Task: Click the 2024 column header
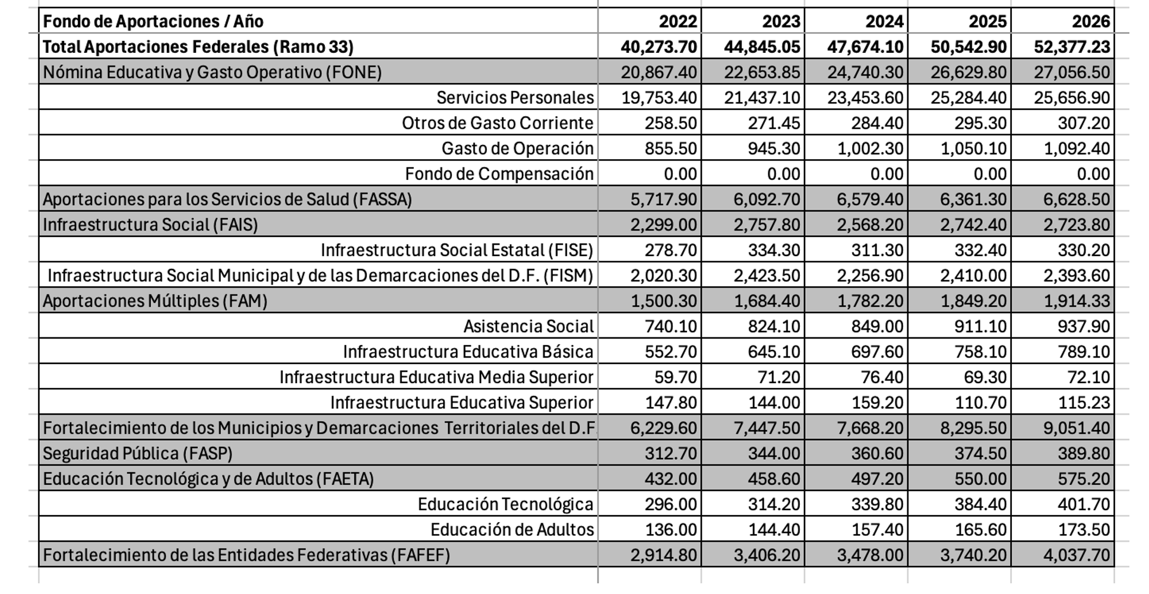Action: pos(884,21)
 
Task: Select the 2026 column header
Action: pos(1090,21)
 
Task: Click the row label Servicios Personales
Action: pos(514,97)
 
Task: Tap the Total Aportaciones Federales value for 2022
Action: pos(659,47)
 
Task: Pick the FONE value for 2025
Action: pos(968,72)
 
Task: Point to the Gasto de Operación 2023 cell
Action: pos(774,148)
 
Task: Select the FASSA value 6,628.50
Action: pos(1076,199)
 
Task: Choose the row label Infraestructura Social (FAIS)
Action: pos(150,225)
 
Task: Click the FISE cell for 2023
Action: pos(774,250)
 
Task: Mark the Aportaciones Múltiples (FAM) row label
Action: pos(155,301)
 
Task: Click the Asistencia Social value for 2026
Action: pos(1084,327)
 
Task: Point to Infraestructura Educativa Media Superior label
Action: pos(436,377)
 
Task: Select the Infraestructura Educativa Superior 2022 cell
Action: pos(671,403)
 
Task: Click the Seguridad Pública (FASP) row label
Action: pos(137,454)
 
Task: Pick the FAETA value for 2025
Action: pos(980,479)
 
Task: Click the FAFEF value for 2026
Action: pos(1076,555)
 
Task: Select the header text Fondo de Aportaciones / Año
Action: pos(153,21)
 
